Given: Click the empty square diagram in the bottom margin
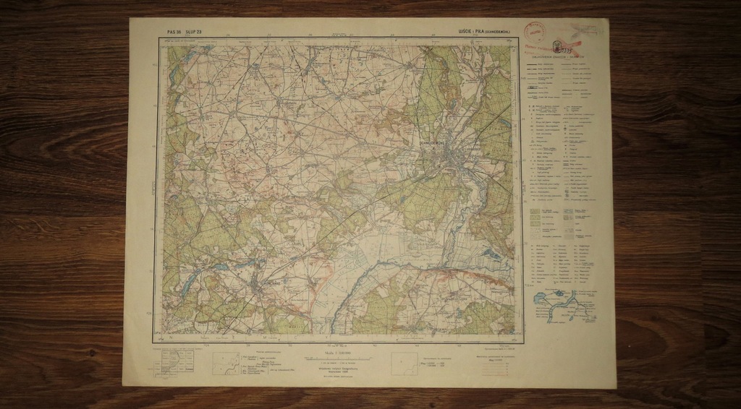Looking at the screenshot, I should tap(404, 363).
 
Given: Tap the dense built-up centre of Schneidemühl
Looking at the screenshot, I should tap(446, 155).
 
